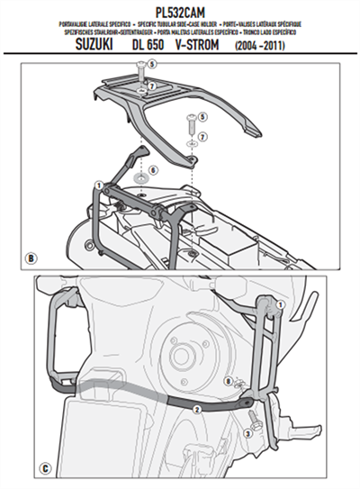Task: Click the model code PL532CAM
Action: click(x=180, y=9)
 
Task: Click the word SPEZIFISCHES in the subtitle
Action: click(x=53, y=32)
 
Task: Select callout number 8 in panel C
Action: click(x=229, y=381)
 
